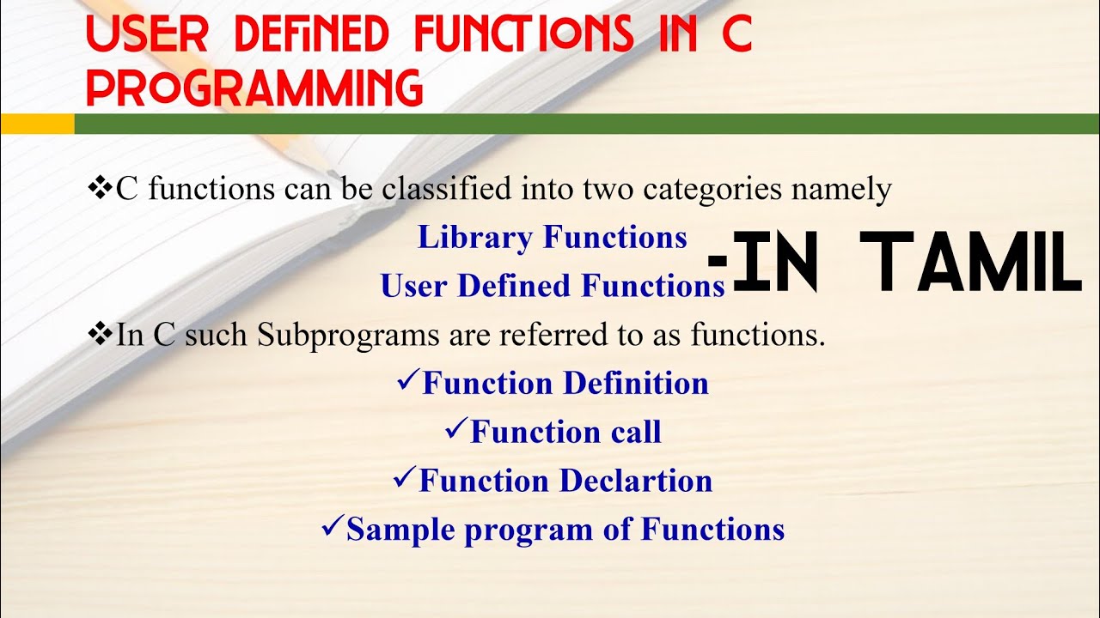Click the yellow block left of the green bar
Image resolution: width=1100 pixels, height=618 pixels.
37,124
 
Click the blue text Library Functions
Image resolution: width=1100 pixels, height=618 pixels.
552,238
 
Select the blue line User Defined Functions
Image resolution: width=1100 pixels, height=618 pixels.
553,286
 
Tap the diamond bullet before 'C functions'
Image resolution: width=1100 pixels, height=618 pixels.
101,188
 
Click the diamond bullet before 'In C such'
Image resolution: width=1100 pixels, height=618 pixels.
101,334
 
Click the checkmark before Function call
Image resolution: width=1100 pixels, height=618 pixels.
455,429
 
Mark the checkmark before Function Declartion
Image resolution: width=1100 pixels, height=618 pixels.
404,478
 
